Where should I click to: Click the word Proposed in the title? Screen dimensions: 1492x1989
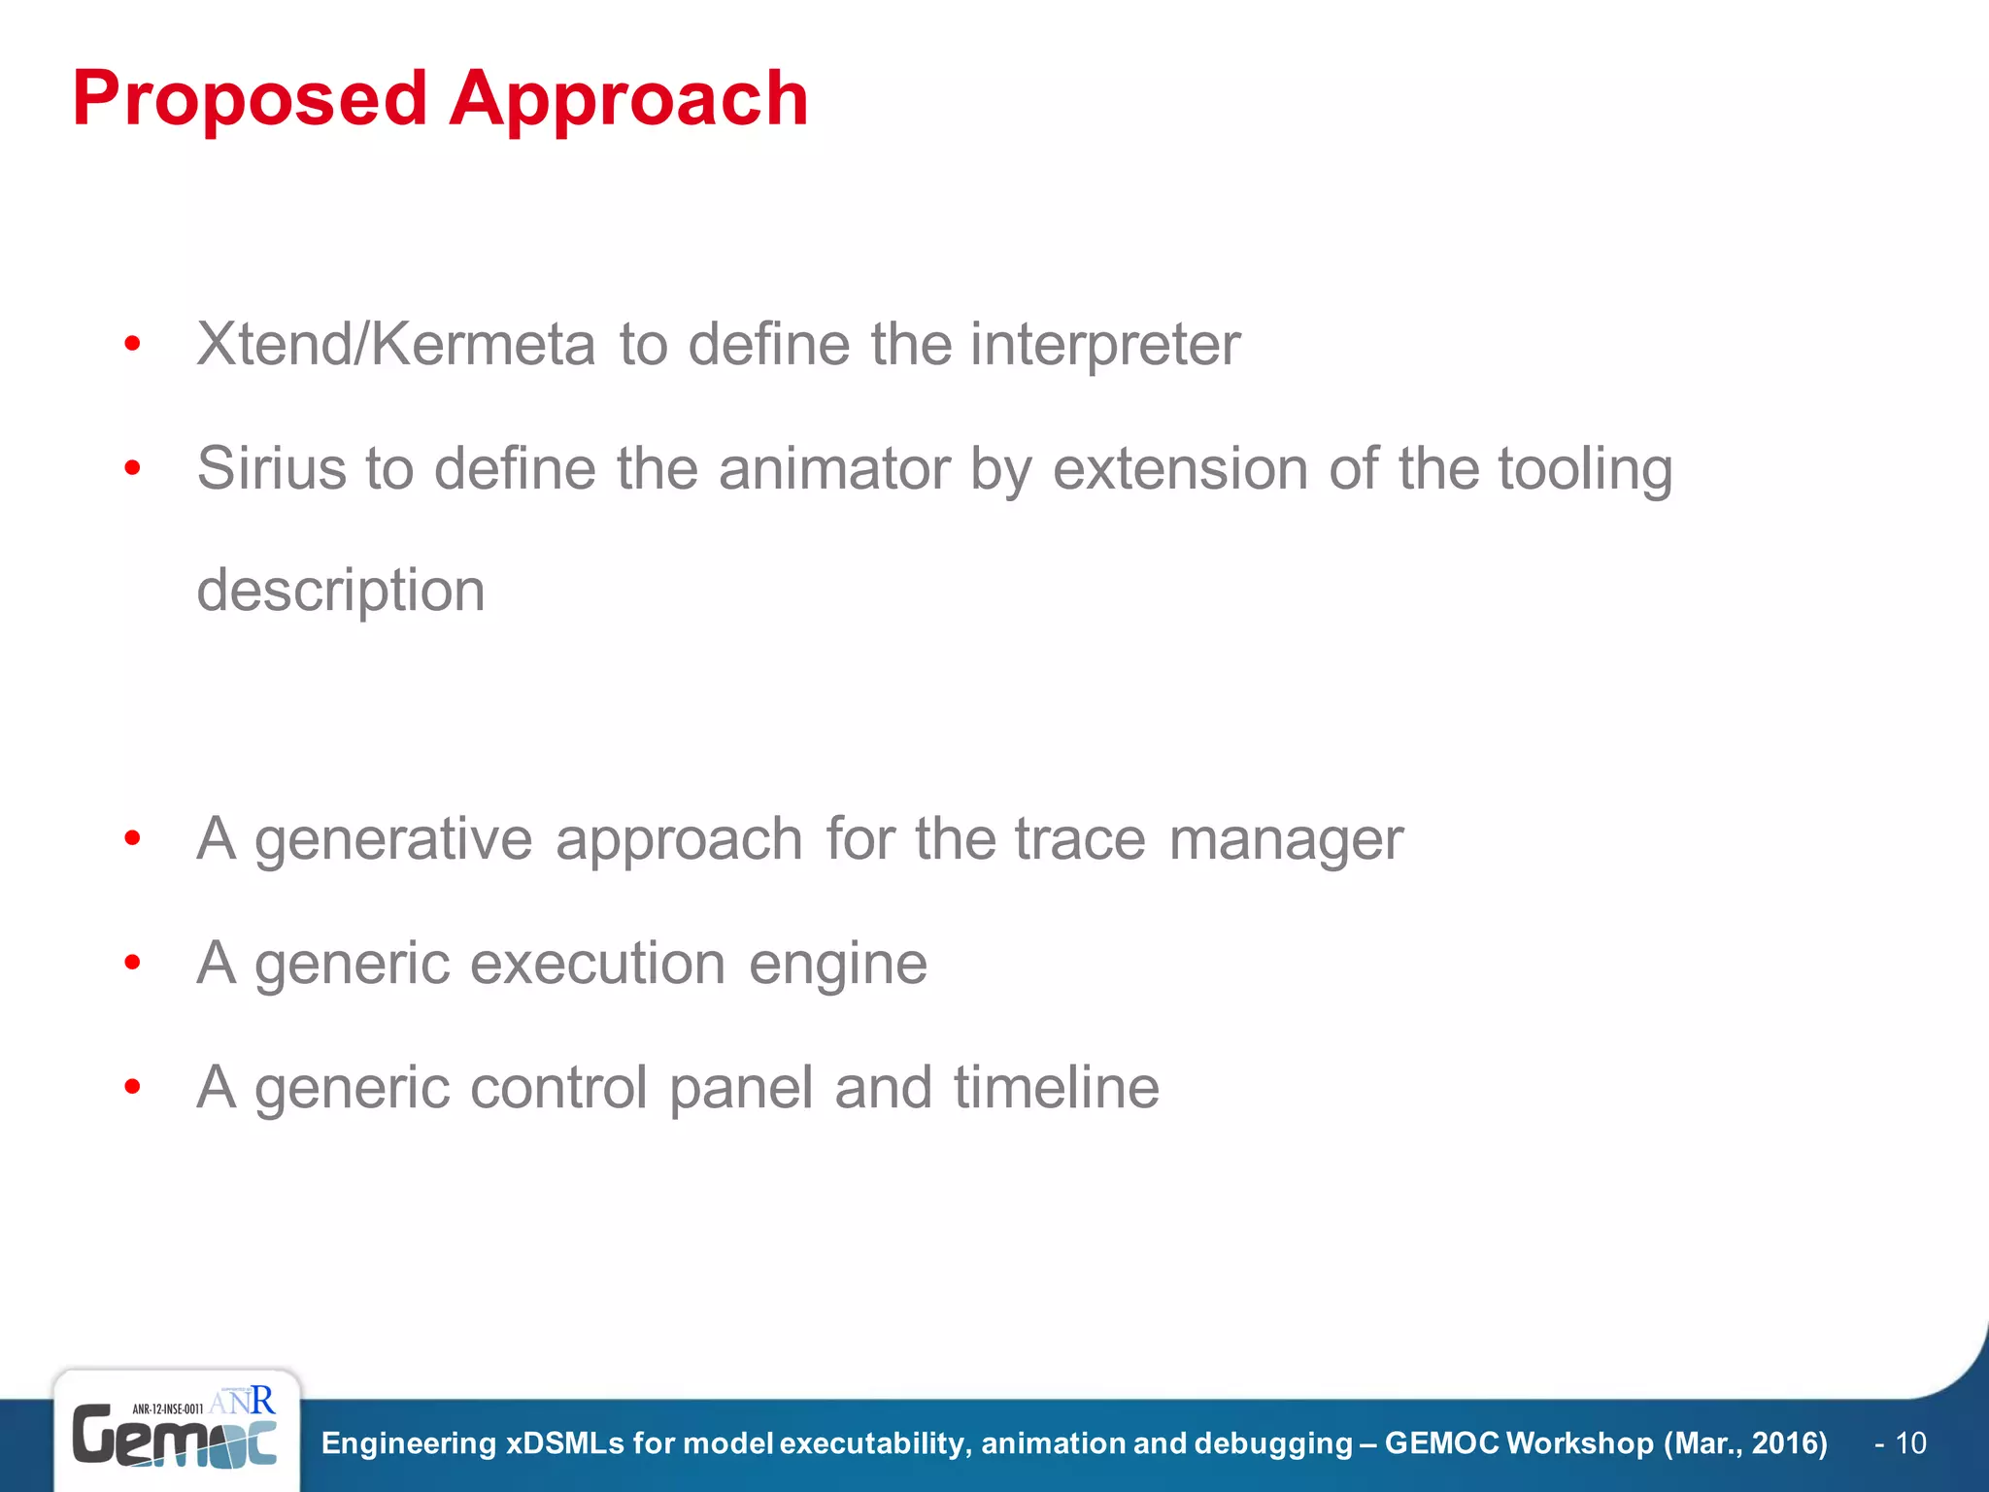pyautogui.click(x=250, y=99)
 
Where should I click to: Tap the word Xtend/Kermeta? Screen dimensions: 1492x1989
pyautogui.click(x=395, y=344)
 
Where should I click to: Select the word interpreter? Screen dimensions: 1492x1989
pyautogui.click(x=1104, y=344)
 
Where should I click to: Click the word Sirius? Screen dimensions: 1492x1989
pyautogui.click(x=272, y=468)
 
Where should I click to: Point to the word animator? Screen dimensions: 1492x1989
pyautogui.click(x=834, y=468)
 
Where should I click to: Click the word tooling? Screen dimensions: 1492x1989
pyautogui.click(x=1585, y=468)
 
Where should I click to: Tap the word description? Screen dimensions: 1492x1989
pyautogui.click(x=340, y=591)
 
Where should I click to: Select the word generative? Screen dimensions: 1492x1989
pyautogui.click(x=393, y=839)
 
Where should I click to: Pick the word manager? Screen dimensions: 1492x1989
pyautogui.click(x=1286, y=839)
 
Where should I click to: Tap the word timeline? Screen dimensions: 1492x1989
pyautogui.click(x=1056, y=1087)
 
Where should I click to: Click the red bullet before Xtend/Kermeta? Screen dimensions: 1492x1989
pyautogui.click(x=133, y=344)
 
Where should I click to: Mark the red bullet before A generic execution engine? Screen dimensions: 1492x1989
pyautogui.click(x=133, y=964)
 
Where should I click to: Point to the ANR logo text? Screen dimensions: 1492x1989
pyautogui.click(x=242, y=1401)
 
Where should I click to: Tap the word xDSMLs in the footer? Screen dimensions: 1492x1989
pyautogui.click(x=565, y=1443)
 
